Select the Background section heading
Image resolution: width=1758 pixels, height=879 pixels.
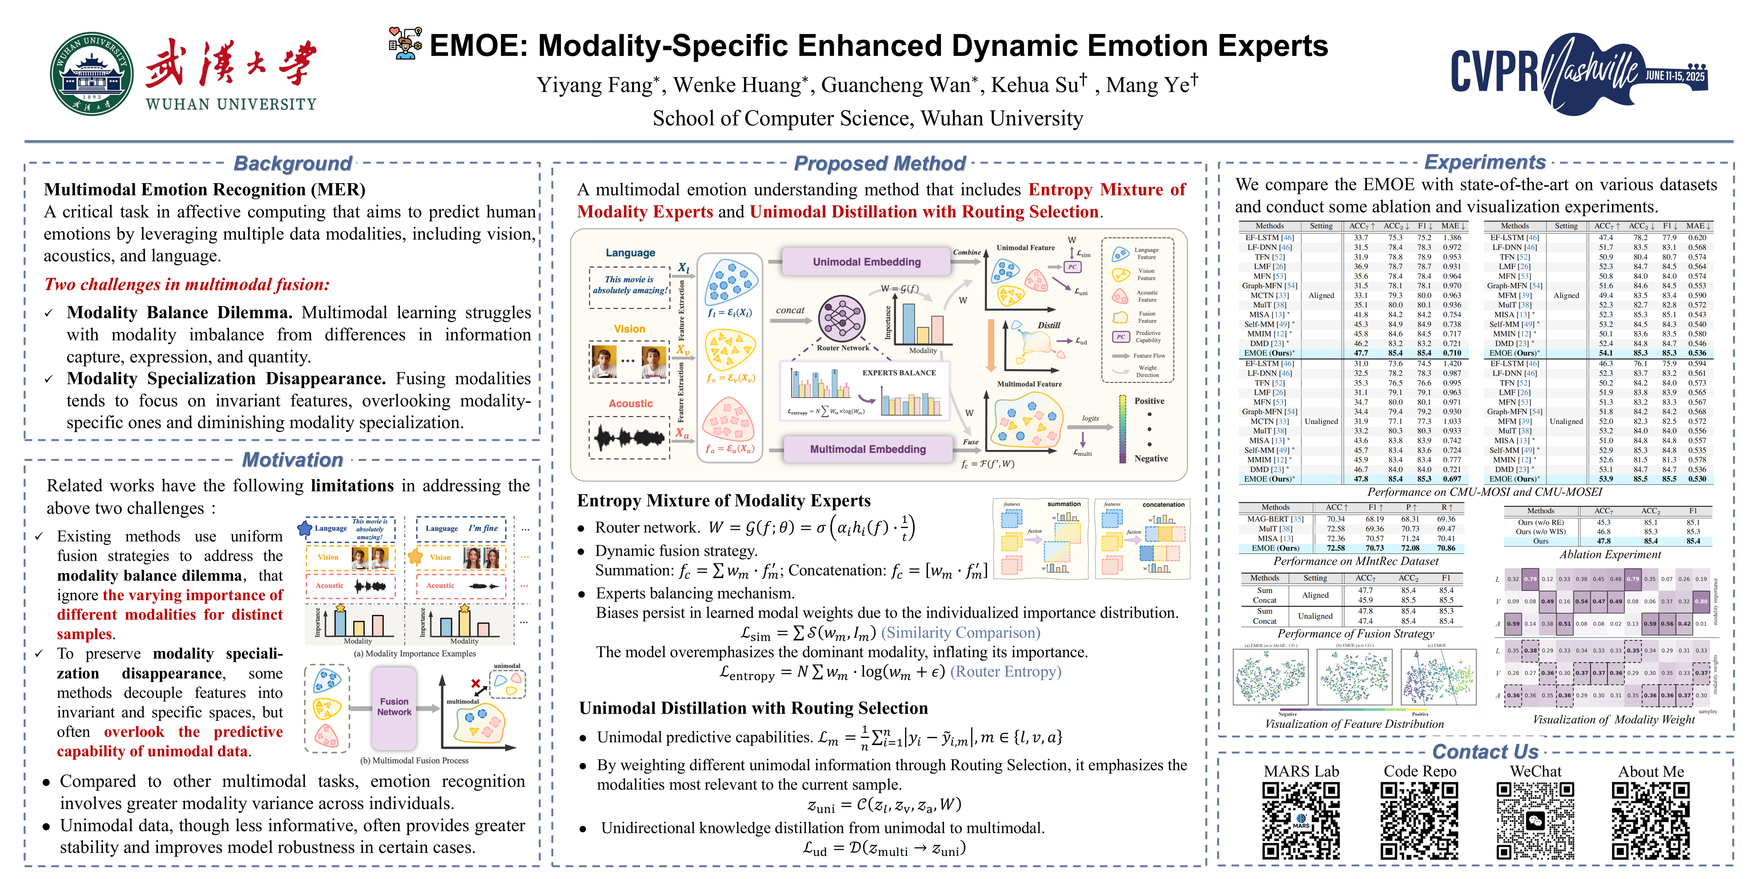click(293, 164)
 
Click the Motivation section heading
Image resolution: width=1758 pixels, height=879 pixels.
click(293, 460)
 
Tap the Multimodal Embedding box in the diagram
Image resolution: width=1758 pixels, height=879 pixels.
click(867, 449)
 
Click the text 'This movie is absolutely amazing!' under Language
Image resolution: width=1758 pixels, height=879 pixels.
click(629, 285)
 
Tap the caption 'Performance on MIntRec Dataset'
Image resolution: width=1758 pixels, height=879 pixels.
click(1355, 561)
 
